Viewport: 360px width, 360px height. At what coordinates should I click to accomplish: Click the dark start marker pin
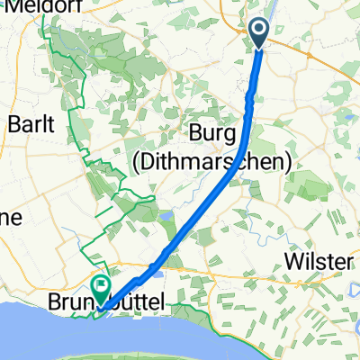tap(259, 32)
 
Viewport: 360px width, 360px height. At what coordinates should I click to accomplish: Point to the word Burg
tap(213, 133)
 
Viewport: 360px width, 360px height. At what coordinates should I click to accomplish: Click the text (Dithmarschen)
tap(233, 162)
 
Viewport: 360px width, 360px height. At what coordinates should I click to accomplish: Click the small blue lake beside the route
tap(168, 217)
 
